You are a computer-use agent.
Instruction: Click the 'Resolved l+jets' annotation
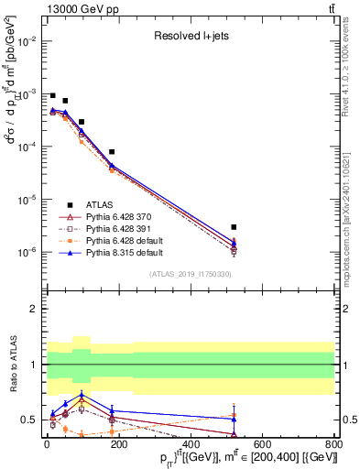coord(190,36)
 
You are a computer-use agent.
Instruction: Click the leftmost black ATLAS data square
coord(53,95)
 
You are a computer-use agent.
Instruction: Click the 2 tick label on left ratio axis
coord(33,310)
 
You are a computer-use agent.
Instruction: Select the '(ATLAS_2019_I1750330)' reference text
coord(190,274)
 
